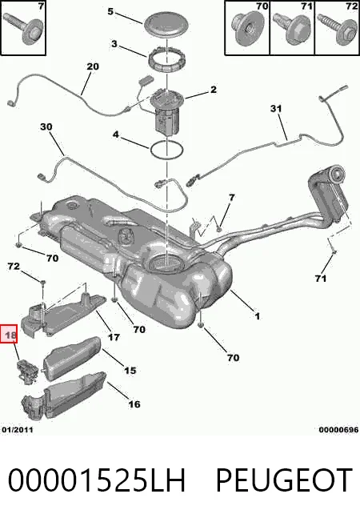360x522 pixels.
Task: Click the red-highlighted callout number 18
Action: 10,334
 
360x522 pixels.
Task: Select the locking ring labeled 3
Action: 164,58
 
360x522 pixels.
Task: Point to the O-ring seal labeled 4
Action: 166,150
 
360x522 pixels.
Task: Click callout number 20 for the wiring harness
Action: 93,66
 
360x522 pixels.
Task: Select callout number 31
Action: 276,109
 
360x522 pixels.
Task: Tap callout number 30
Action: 46,126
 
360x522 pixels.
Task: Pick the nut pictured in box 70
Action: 248,28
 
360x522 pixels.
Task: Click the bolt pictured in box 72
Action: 337,29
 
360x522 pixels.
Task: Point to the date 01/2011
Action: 18,430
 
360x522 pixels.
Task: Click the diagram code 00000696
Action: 338,430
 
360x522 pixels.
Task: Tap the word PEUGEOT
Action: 284,480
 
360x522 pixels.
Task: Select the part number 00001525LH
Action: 97,480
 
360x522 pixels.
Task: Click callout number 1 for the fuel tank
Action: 257,316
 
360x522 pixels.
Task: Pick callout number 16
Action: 134,404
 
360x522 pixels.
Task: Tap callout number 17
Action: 114,337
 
